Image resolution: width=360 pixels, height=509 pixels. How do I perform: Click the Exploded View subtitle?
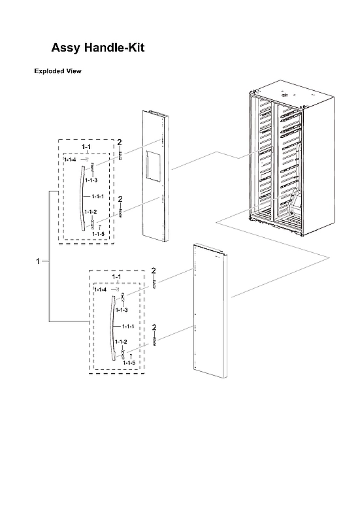coord(57,71)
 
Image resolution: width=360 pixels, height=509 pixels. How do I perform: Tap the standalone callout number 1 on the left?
coord(39,261)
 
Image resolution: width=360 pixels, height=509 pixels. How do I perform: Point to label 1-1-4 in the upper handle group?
coord(70,159)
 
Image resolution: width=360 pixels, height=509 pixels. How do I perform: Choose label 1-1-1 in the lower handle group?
coord(125,326)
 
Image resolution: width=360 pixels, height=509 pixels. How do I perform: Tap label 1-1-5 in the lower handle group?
coord(130,362)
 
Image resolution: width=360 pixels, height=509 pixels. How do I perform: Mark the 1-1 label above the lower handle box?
coord(116,277)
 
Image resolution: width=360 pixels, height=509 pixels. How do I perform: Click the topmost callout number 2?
coord(120,142)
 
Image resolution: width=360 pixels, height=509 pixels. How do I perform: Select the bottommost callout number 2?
coord(154,327)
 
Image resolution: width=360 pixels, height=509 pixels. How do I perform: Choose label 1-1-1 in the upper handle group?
coord(98,196)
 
